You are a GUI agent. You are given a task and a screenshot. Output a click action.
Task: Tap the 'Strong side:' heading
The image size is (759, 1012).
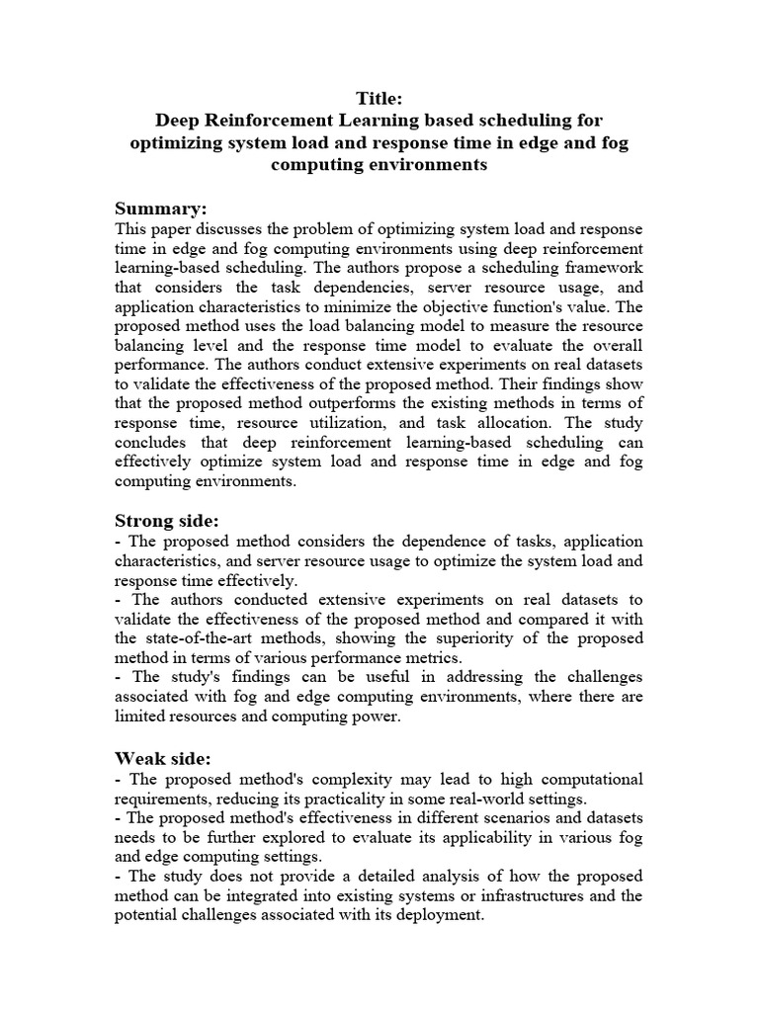point(167,520)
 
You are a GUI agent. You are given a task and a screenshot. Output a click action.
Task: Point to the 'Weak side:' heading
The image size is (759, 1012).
point(162,758)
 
